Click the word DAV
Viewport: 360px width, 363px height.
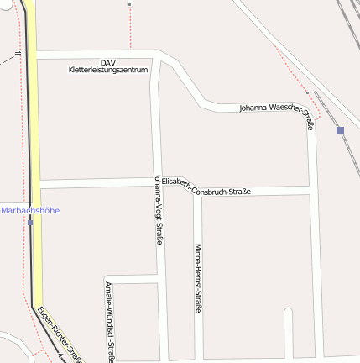pos(107,62)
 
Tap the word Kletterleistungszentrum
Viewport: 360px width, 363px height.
pos(107,70)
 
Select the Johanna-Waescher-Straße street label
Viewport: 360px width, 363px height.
pos(277,113)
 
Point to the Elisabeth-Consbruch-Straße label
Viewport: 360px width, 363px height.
pos(206,187)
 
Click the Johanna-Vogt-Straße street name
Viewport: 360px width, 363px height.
pos(159,209)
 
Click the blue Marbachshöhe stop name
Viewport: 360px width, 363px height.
pos(30,210)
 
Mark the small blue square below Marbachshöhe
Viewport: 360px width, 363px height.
pos(30,223)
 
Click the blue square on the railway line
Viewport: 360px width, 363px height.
pos(340,130)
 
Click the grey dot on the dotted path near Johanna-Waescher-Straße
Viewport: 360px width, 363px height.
pos(308,92)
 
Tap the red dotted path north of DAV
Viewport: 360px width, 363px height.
pos(130,29)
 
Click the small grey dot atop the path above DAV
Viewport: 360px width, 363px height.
pos(130,4)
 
